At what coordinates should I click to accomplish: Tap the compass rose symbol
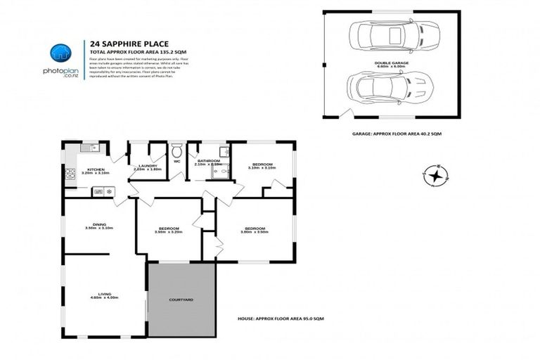437,174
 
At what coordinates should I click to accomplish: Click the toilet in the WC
176,150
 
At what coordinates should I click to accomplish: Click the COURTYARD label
181,300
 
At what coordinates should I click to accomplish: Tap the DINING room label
98,224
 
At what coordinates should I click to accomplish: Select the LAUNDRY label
147,165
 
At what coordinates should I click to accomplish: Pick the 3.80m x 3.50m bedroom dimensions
255,232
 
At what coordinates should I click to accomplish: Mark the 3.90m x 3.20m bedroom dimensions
168,232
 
